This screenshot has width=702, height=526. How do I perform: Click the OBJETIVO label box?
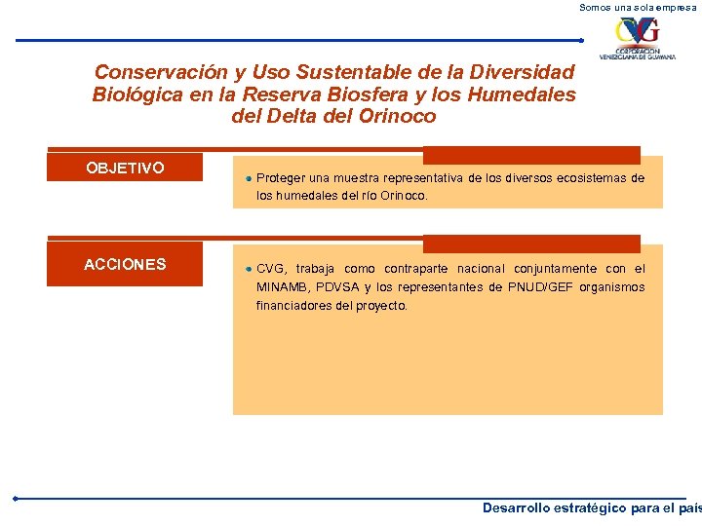click(125, 168)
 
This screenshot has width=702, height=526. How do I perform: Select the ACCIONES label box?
click(125, 264)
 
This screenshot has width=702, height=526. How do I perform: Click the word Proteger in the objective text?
click(281, 178)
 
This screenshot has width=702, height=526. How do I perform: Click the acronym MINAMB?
click(282, 287)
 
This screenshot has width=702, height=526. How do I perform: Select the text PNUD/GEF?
click(541, 287)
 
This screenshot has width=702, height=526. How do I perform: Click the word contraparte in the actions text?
click(417, 269)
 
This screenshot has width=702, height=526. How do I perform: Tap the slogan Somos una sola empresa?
click(639, 7)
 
